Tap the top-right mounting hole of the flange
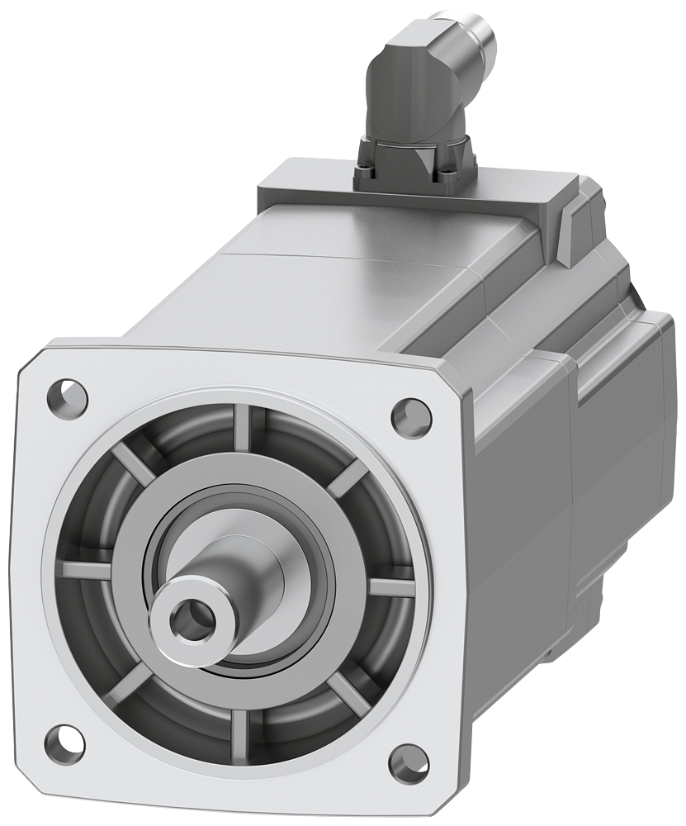410,413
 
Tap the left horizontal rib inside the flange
86,569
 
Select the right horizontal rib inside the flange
390,587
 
